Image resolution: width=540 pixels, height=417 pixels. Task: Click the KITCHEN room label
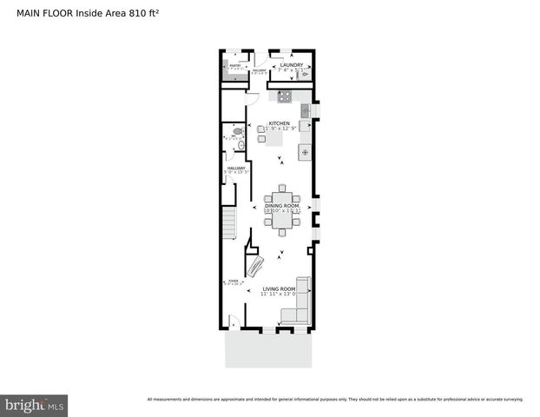pos(279,123)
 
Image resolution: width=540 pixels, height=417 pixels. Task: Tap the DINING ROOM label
pos(282,205)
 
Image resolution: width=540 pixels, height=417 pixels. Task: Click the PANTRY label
pos(234,63)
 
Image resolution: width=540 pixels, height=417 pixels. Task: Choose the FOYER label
pos(232,281)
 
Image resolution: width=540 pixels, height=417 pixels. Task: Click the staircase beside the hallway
pos(228,224)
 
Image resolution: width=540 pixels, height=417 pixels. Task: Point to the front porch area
pos(269,349)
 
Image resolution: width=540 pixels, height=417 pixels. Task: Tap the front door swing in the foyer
pos(232,322)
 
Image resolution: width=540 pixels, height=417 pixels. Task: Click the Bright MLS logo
pos(34,405)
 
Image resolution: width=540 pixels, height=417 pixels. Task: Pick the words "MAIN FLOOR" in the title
pos(44,13)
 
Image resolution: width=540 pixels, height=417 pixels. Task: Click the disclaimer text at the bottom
pos(335,400)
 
